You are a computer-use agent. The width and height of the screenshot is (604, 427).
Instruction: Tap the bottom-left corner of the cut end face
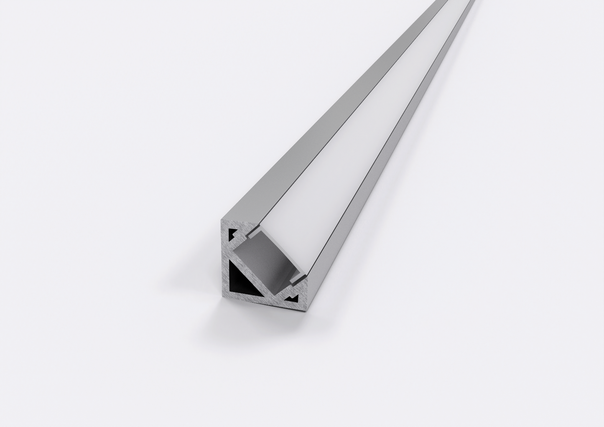[223, 298]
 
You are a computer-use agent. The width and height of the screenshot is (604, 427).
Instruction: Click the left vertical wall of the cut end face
[224, 259]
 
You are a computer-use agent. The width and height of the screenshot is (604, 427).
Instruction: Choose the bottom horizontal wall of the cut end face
[259, 302]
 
